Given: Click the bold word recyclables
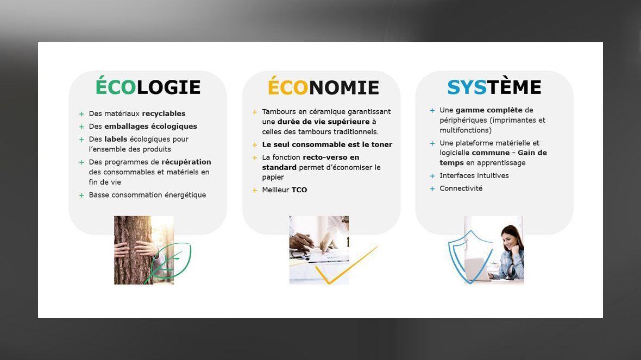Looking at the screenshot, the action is [x=164, y=113].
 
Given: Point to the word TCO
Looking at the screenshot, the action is [x=299, y=190].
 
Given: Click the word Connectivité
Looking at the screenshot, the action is [x=461, y=188].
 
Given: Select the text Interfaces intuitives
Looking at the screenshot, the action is [x=474, y=176].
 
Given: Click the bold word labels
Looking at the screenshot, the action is [x=116, y=139].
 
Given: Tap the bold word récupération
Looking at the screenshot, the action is [x=186, y=162].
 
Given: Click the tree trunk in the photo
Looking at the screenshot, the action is [x=131, y=250].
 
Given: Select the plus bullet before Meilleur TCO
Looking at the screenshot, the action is [x=255, y=191].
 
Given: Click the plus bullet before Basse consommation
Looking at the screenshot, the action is [x=81, y=195].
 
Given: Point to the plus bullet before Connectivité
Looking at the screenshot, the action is [x=432, y=189].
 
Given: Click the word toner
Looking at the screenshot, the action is [x=382, y=144].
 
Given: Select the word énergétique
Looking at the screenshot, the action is [x=185, y=195].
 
